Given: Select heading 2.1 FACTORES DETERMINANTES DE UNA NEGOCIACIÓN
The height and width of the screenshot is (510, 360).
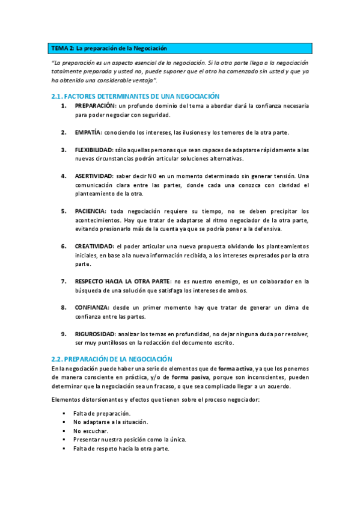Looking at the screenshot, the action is (135, 96).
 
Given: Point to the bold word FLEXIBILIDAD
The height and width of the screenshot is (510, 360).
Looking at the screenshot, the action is (94, 150).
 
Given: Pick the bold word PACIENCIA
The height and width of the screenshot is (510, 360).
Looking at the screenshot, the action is (90, 211).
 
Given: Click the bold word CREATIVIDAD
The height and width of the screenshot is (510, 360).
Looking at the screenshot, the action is (94, 246).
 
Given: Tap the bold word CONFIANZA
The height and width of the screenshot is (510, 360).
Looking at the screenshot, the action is (92, 307).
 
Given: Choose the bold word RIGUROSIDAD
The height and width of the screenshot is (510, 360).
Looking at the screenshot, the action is (95, 334).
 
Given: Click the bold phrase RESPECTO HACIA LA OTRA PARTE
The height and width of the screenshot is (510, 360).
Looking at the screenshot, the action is (122, 281).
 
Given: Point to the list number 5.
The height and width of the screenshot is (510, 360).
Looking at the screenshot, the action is (63, 211).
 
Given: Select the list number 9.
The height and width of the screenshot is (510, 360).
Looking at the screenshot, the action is (63, 334).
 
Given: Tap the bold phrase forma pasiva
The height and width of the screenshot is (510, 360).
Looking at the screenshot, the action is (189, 377).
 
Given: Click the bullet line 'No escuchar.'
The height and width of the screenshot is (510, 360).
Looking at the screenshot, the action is (91, 431).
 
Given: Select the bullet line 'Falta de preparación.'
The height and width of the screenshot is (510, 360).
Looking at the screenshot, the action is (102, 413).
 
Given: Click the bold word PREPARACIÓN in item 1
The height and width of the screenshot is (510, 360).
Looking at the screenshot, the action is (95, 106).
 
